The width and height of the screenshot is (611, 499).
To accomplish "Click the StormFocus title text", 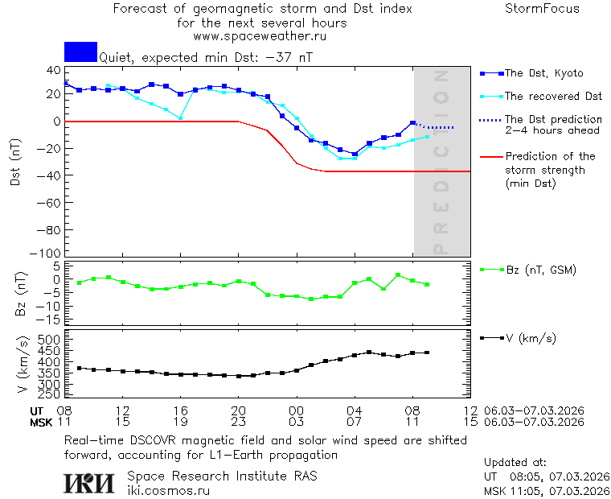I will click(x=542, y=9).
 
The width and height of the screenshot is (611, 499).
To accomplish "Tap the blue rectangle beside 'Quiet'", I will click(x=80, y=52).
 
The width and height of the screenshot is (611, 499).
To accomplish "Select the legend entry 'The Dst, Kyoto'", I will click(x=543, y=73).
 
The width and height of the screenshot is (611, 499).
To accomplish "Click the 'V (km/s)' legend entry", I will click(x=530, y=338).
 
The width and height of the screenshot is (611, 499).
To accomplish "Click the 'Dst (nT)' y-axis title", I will click(x=15, y=162).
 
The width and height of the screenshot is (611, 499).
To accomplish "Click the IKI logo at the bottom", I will click(x=90, y=482).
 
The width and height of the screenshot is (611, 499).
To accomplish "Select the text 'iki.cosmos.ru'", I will click(x=169, y=491).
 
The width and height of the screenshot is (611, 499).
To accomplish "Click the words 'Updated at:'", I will click(x=515, y=463).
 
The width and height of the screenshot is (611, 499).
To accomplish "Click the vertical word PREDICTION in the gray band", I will click(x=441, y=162).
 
